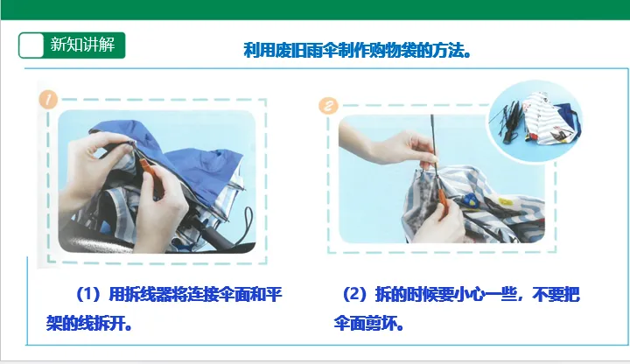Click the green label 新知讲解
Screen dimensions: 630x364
tap(82, 45)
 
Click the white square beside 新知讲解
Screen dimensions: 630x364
tap(31, 45)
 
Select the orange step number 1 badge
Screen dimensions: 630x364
tap(48, 99)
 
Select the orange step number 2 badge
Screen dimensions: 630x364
tap(328, 106)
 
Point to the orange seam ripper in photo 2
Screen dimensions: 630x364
tap(443, 204)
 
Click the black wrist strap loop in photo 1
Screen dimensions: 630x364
tap(246, 225)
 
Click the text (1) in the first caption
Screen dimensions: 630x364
tap(88, 295)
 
